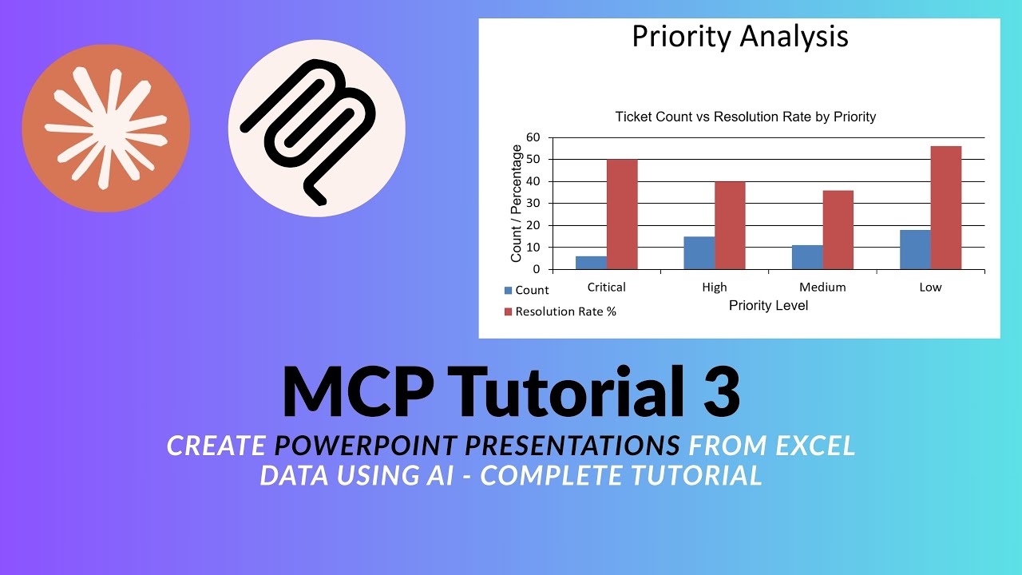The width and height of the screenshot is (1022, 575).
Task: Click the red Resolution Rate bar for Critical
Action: click(x=622, y=214)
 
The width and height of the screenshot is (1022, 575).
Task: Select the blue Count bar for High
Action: click(x=699, y=253)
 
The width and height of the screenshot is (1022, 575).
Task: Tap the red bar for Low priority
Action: click(x=945, y=208)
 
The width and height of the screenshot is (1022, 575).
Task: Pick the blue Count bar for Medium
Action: click(x=807, y=257)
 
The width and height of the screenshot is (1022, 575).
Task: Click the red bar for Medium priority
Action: click(x=838, y=230)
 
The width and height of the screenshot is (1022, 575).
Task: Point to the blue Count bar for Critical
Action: click(x=591, y=263)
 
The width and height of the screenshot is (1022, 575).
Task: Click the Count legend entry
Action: click(x=526, y=291)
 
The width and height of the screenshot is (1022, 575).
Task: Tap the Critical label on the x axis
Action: click(x=606, y=287)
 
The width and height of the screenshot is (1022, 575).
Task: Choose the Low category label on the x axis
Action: click(x=930, y=287)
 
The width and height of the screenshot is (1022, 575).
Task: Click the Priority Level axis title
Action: click(x=768, y=306)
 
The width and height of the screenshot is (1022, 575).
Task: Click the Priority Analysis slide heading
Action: click(x=739, y=37)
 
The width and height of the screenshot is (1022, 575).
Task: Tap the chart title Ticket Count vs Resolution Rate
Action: click(x=745, y=117)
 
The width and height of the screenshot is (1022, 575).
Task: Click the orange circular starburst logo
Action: click(x=106, y=129)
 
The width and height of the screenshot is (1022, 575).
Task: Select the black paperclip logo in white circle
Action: click(x=317, y=129)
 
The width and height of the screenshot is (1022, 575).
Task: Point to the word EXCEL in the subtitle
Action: click(x=814, y=446)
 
